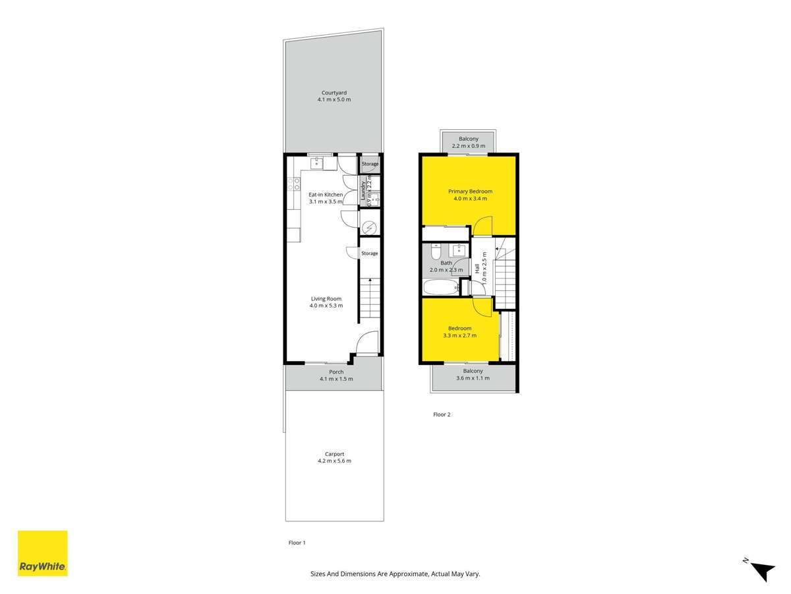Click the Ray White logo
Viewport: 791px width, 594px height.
(42, 553)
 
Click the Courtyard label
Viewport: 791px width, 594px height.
(334, 92)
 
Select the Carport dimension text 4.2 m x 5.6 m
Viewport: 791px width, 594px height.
(334, 461)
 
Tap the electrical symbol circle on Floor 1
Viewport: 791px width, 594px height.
(370, 228)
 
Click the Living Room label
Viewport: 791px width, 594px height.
(326, 298)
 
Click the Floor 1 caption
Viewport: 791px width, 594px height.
(297, 543)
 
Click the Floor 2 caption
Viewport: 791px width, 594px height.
(442, 414)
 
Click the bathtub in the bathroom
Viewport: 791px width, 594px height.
(440, 288)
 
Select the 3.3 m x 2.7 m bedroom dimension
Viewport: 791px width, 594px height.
(459, 335)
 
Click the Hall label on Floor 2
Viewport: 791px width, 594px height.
(477, 268)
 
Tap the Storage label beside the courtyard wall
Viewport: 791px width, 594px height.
(370, 164)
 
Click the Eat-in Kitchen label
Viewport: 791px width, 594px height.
(326, 194)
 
